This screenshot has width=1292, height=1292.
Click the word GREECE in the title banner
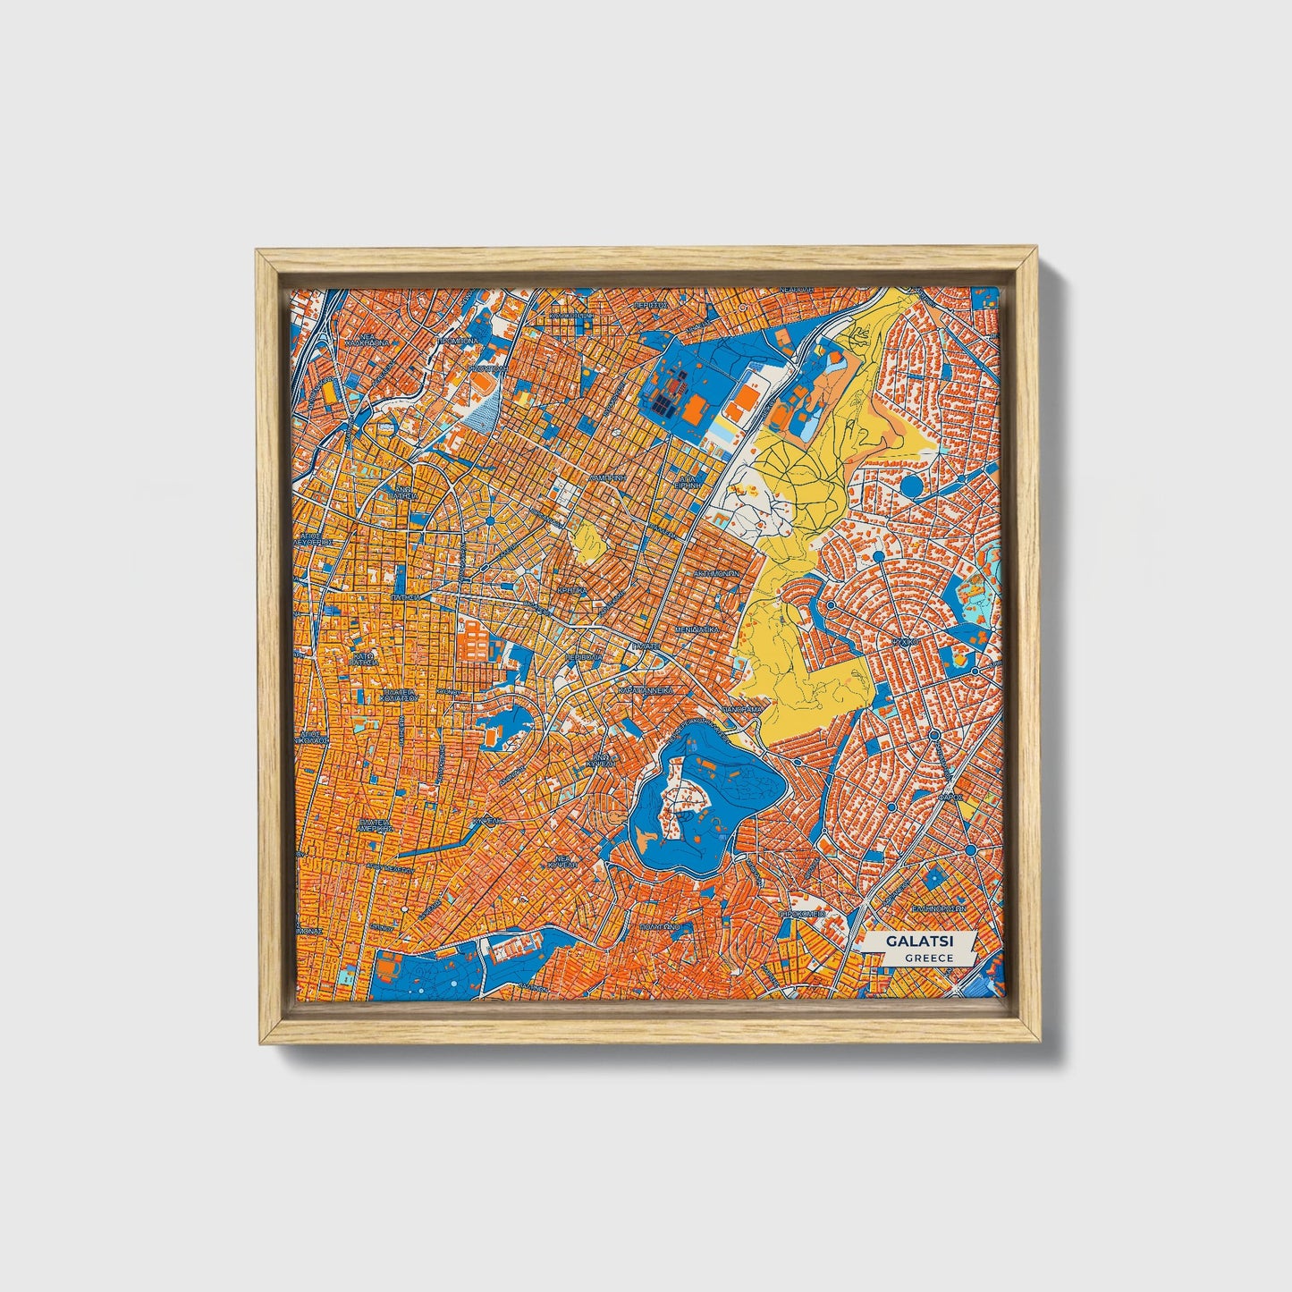click(x=928, y=958)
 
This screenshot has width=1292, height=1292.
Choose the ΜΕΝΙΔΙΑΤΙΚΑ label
click(x=698, y=629)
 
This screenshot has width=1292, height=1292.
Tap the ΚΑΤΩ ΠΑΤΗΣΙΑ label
click(x=362, y=659)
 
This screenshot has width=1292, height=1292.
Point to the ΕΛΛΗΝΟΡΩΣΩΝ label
click(x=938, y=906)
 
